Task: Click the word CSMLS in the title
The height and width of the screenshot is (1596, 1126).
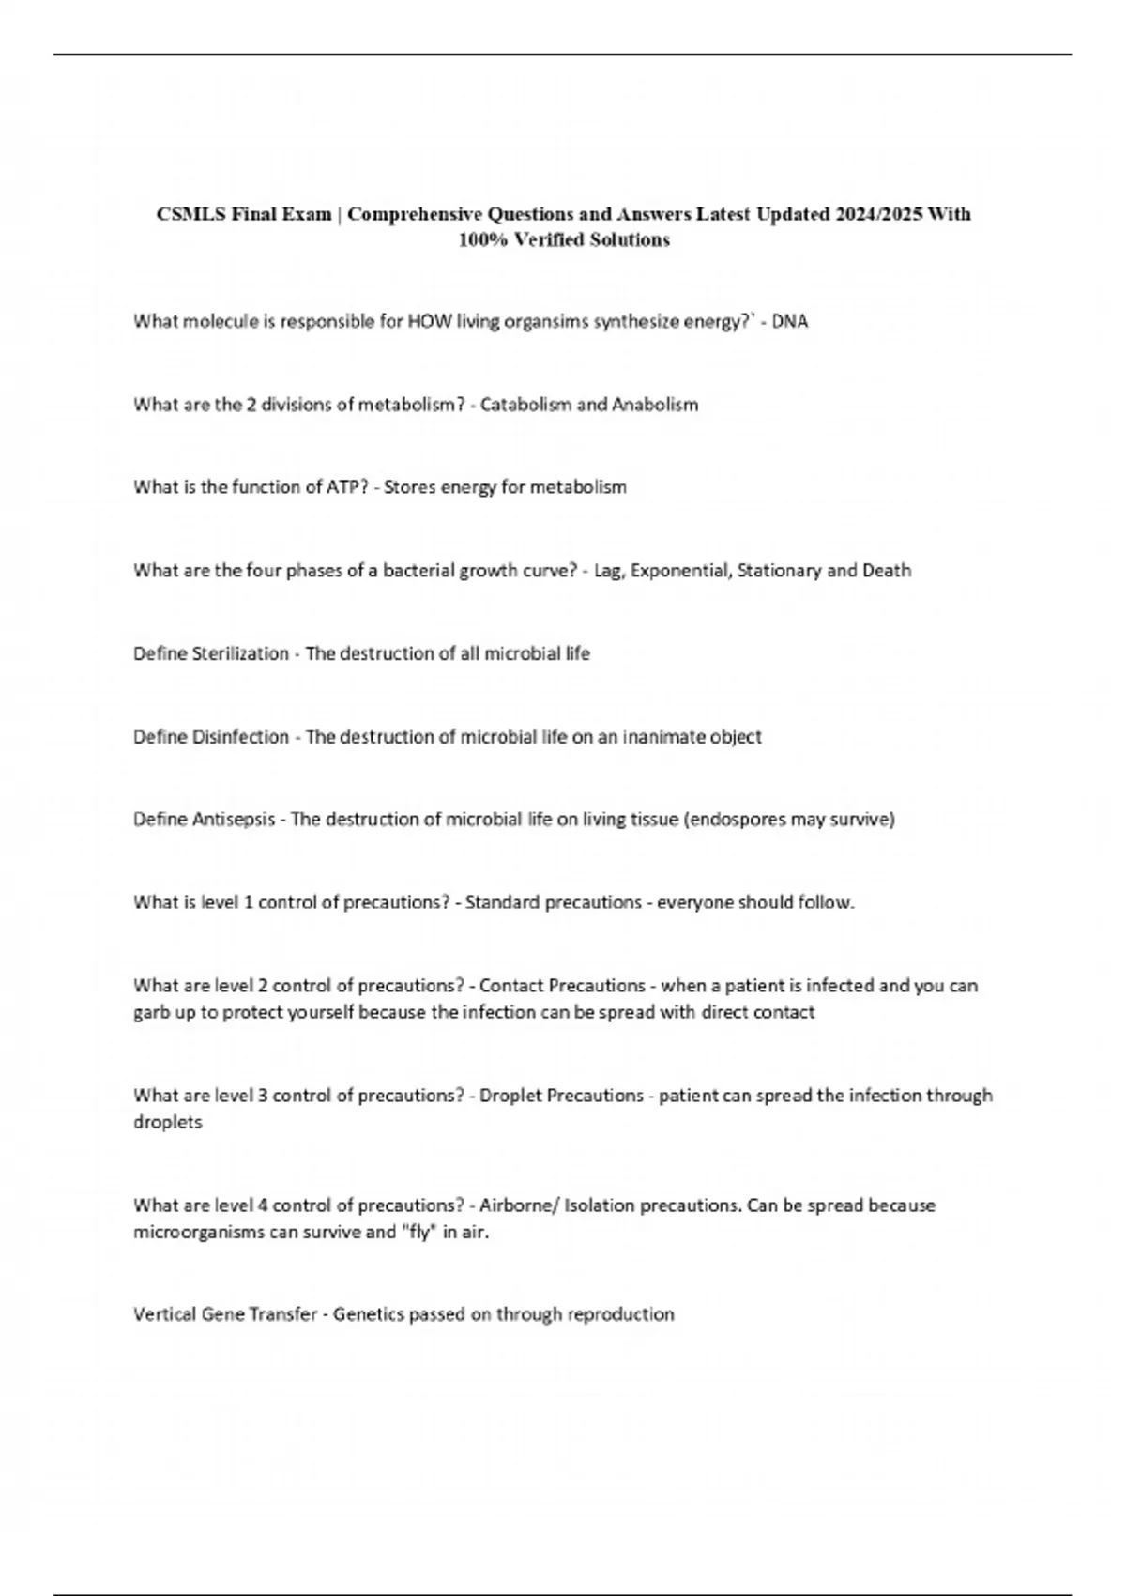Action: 190,214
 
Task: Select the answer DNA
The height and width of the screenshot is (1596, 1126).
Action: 789,322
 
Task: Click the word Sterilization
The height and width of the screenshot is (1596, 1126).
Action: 240,653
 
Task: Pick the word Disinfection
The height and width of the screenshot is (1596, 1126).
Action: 240,737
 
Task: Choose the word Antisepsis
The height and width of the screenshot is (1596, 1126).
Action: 234,820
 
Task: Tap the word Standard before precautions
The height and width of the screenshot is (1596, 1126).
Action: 502,903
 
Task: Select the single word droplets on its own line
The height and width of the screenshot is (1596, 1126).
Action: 168,1123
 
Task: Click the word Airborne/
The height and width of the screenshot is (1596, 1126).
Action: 519,1205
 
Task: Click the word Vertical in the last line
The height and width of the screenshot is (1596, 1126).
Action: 162,1315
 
